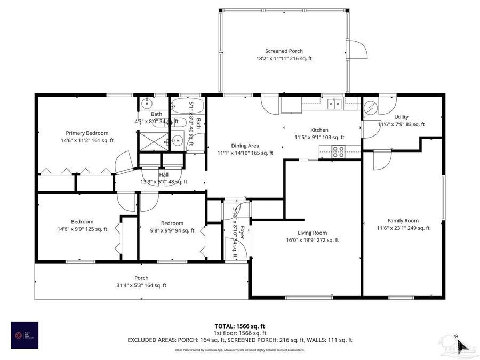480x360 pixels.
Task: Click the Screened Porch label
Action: pyautogui.click(x=284, y=51)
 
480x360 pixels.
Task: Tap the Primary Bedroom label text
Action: pyautogui.click(x=87, y=133)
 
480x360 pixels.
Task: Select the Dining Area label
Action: pyautogui.click(x=245, y=146)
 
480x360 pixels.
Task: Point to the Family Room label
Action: pyautogui.click(x=403, y=220)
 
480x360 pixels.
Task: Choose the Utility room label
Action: pyautogui.click(x=401, y=117)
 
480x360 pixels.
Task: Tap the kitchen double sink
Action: pyautogui.click(x=334, y=103)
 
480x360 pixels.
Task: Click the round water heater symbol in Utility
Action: pyautogui.click(x=370, y=108)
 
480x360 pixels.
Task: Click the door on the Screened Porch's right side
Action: pyautogui.click(x=356, y=50)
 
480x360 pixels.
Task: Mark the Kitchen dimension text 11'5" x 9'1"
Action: pyautogui.click(x=319, y=137)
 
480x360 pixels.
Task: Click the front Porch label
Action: pyautogui.click(x=141, y=278)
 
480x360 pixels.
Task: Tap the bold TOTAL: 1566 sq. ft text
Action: pyautogui.click(x=240, y=325)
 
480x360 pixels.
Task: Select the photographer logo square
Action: pyautogui.click(x=24, y=335)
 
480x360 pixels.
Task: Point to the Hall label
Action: pyautogui.click(x=164, y=174)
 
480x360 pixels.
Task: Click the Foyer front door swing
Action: pyautogui.click(x=233, y=248)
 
